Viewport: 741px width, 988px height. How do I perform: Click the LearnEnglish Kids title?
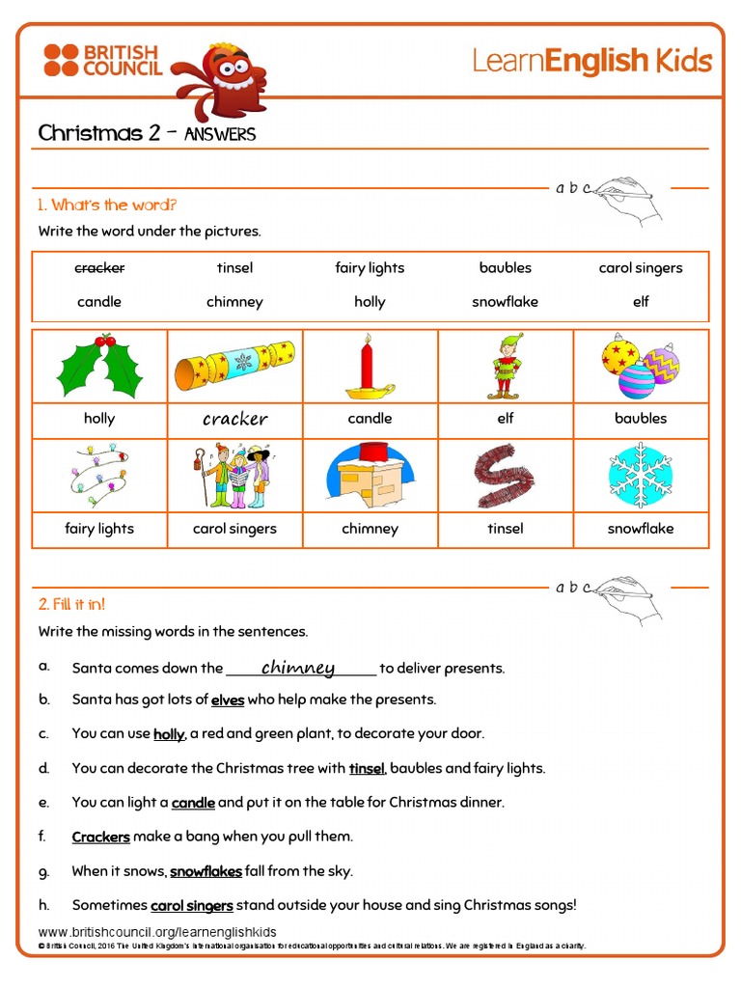point(591,62)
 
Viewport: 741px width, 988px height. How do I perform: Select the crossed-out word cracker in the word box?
point(99,268)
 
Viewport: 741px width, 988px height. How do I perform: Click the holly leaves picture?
point(99,366)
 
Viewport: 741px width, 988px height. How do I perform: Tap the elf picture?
point(506,367)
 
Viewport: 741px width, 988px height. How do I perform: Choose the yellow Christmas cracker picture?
point(234,368)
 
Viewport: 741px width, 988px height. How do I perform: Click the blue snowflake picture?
point(640,476)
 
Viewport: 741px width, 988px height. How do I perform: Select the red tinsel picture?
point(505,476)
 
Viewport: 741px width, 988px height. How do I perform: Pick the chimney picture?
point(370,476)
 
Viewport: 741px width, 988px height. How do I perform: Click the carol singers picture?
point(234,476)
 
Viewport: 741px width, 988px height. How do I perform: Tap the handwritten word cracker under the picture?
point(234,419)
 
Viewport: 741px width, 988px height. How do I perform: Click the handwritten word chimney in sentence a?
point(298,668)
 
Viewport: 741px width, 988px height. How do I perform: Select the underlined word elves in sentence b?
point(228,700)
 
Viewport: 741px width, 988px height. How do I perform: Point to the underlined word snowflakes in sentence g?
point(206,871)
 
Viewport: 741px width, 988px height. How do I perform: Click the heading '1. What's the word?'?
point(107,205)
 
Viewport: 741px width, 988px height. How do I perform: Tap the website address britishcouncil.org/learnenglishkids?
point(157,932)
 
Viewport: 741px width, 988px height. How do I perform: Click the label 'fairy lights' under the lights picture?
point(99,529)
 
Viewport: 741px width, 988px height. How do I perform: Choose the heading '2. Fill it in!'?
point(71,604)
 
